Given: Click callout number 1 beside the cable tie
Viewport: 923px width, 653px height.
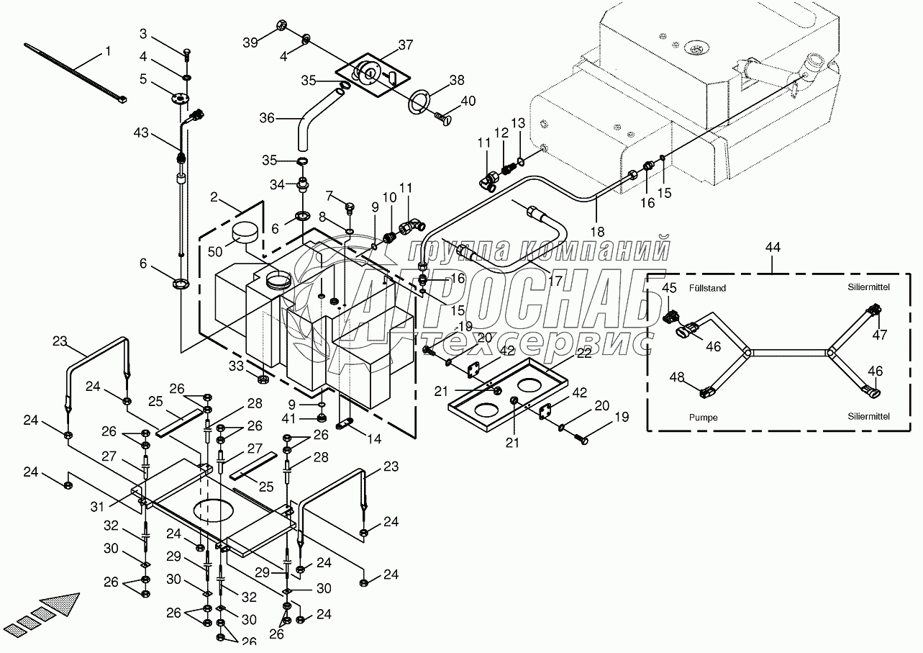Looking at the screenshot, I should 109,51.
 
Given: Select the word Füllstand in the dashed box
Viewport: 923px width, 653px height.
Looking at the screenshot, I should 706,289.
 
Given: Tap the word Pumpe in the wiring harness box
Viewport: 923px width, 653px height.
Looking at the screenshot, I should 703,417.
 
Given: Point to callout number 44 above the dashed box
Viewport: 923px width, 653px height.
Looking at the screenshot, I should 773,247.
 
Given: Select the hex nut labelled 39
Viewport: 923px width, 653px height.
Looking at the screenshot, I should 282,27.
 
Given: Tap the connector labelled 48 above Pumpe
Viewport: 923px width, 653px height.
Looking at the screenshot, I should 706,392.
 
